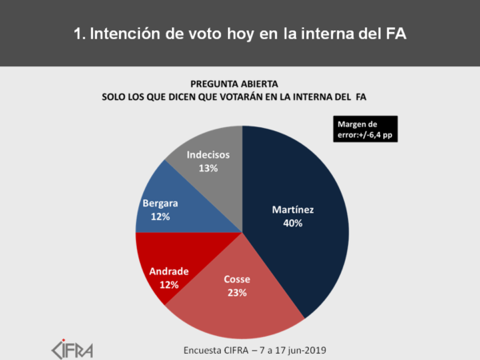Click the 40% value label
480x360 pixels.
292,223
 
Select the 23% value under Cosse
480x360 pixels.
236,293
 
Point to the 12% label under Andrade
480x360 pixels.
168,284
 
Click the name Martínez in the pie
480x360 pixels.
292,210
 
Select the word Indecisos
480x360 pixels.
208,154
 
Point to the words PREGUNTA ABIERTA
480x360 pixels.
239,83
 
